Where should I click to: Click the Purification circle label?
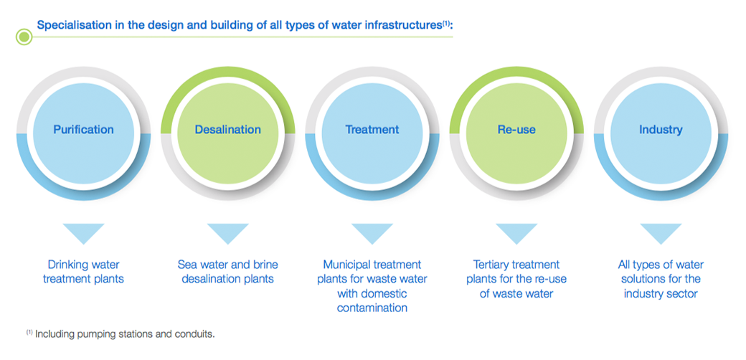click(x=83, y=129)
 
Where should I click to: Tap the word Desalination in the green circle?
click(x=228, y=129)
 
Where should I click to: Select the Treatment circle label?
click(x=372, y=129)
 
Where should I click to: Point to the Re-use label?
click(x=516, y=129)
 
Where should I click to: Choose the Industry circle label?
click(x=661, y=129)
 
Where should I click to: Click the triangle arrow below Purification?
click(x=83, y=233)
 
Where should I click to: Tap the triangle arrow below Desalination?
click(x=228, y=233)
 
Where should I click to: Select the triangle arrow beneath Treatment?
click(x=372, y=233)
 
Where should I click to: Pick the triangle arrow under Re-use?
click(x=516, y=233)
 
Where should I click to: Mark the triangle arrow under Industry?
click(x=661, y=233)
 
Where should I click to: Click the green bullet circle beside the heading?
click(x=24, y=37)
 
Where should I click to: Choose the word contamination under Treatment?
click(x=372, y=308)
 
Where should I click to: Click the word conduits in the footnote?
click(x=197, y=334)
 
